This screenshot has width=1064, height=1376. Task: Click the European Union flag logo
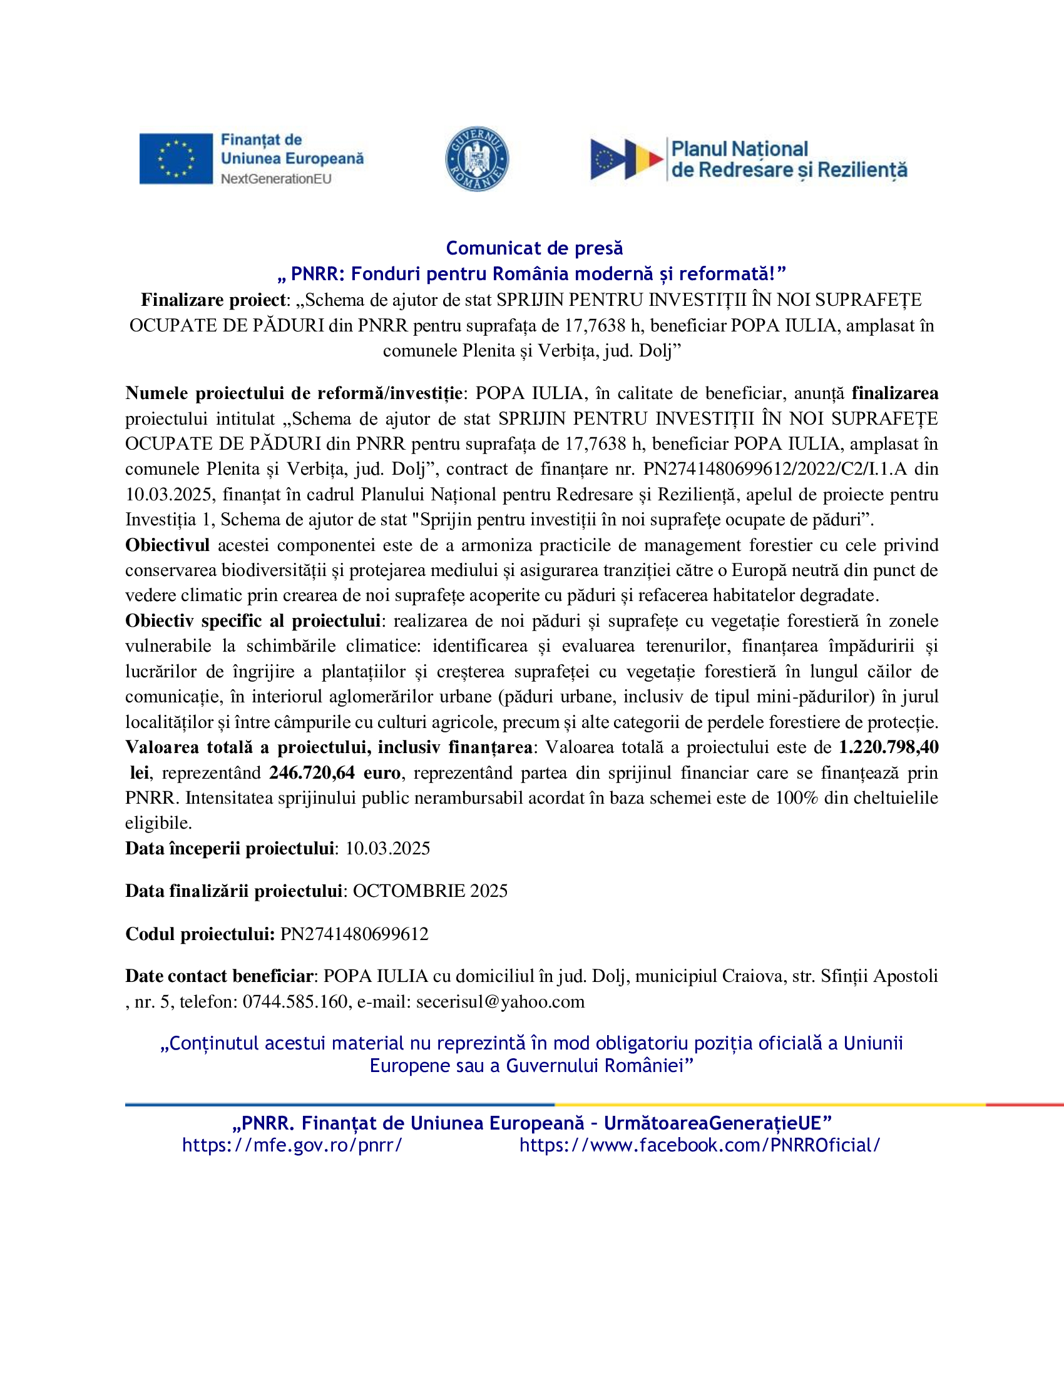coord(176,159)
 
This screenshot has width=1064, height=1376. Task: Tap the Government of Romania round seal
coord(476,159)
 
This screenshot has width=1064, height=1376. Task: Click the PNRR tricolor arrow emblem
coord(627,159)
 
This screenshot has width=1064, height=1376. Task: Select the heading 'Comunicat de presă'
coord(534,248)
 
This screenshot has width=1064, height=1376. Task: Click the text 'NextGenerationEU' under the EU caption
coord(276,179)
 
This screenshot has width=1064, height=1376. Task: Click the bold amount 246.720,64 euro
coord(335,772)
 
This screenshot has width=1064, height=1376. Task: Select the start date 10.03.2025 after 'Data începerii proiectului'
coord(387,848)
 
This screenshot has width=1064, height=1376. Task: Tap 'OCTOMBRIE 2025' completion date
coord(430,891)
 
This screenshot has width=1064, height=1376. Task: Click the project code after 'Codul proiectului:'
coord(354,934)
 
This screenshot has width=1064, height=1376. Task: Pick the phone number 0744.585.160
coord(295,1002)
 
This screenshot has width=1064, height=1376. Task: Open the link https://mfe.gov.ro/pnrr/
coord(292,1145)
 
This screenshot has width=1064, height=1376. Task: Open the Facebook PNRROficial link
coord(700,1145)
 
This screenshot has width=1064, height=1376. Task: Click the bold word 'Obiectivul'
coord(167,545)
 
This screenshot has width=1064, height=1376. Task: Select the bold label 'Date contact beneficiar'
coord(218,976)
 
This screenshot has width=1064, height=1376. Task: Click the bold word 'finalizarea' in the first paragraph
coord(894,393)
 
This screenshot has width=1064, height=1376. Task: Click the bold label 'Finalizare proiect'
coord(213,300)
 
